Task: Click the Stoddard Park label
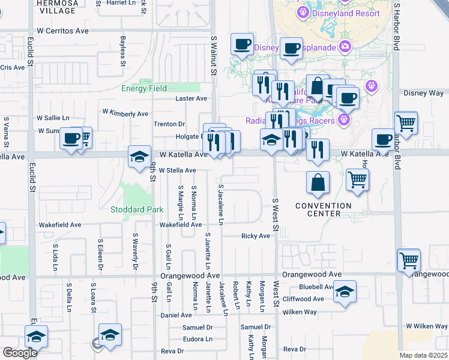coord(137,209)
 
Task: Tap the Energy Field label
coord(144,88)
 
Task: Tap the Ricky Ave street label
coord(256,236)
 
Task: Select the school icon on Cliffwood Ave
coord(345,292)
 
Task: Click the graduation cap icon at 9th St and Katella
coord(139,157)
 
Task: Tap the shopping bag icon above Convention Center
coord(318,182)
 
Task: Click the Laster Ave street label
coord(191,98)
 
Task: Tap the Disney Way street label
coord(423,93)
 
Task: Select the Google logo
coord(19,353)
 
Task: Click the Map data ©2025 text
coord(423,355)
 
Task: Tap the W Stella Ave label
coord(177,170)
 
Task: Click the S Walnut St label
coord(213,55)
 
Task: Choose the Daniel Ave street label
coord(176,315)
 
